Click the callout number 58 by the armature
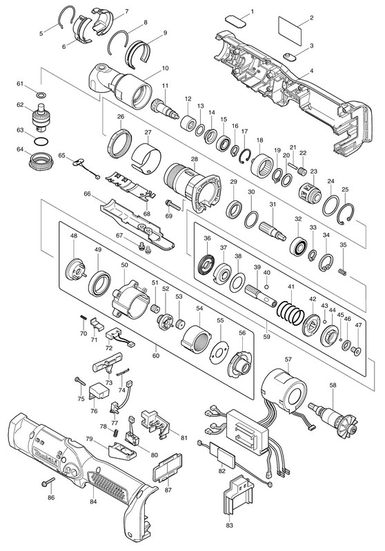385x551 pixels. [x=333, y=385]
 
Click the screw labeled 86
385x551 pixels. [x=48, y=481]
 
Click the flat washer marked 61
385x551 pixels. [x=41, y=95]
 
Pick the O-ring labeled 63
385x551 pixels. [x=41, y=141]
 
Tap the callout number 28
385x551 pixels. [x=195, y=159]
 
